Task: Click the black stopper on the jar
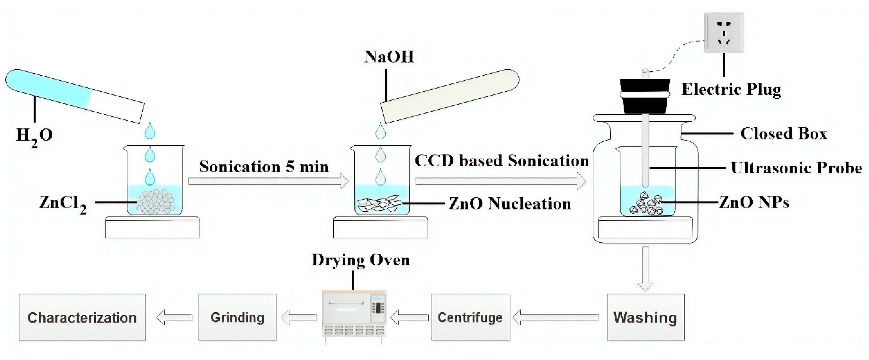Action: coord(645,96)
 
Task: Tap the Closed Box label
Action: coord(783,134)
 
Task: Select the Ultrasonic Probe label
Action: coord(796,168)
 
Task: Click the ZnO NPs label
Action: coord(754,202)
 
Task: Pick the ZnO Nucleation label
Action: coord(509,204)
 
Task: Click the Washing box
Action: coord(645,317)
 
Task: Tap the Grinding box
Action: coord(237,317)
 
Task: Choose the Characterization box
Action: coord(82,317)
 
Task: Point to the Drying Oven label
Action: coord(360,260)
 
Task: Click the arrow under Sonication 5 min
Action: coord(268,181)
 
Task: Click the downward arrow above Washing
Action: coord(645,268)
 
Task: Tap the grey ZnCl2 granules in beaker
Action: coord(155,202)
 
